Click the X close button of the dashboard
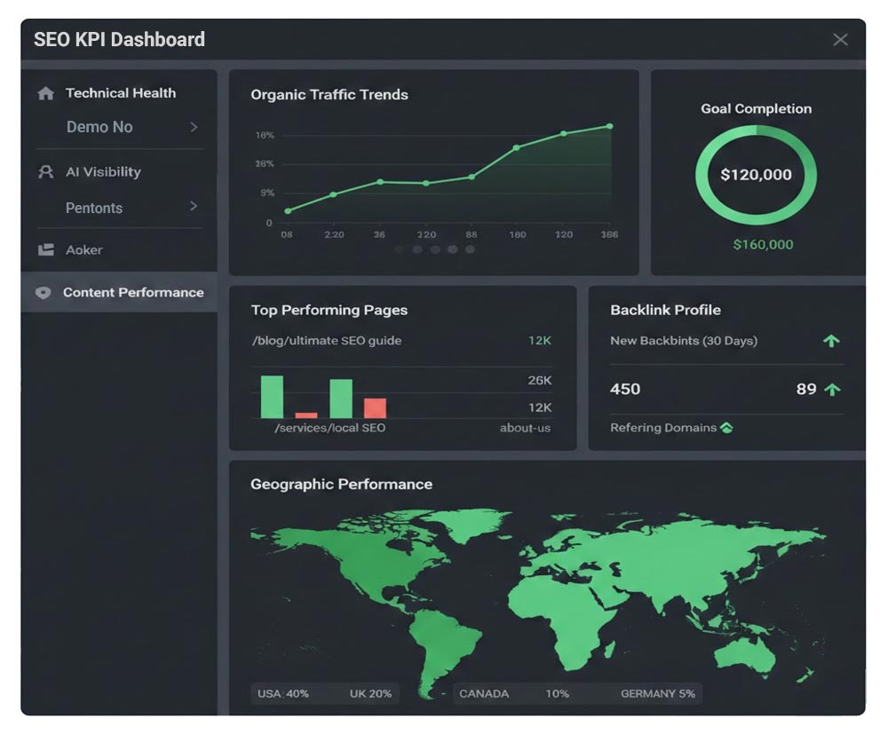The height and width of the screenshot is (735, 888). coord(840,39)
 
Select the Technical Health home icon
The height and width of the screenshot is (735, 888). coord(46,93)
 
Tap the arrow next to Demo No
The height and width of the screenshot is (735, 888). coord(194,127)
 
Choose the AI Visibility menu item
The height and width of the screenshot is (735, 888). coord(103,172)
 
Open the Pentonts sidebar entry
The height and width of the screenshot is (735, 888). coord(94,208)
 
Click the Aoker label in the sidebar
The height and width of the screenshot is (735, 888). coord(84,250)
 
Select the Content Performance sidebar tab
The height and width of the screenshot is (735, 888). coord(133,293)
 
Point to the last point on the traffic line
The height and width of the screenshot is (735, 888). coord(610,126)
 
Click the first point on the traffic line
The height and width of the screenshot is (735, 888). coord(288,210)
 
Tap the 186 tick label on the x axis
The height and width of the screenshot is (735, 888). coord(609,234)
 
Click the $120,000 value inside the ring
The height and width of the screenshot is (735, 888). coord(756,175)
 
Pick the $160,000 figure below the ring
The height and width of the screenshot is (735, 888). coord(763,244)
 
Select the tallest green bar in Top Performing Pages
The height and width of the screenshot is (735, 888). coord(272,396)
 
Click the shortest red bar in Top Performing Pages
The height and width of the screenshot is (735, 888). coord(306,415)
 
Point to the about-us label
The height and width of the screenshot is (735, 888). coord(525,428)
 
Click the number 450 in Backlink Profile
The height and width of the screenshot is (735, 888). coord(625,389)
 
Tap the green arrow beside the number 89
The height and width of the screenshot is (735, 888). coord(832,389)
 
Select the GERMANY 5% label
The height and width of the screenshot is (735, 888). coord(657,693)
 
